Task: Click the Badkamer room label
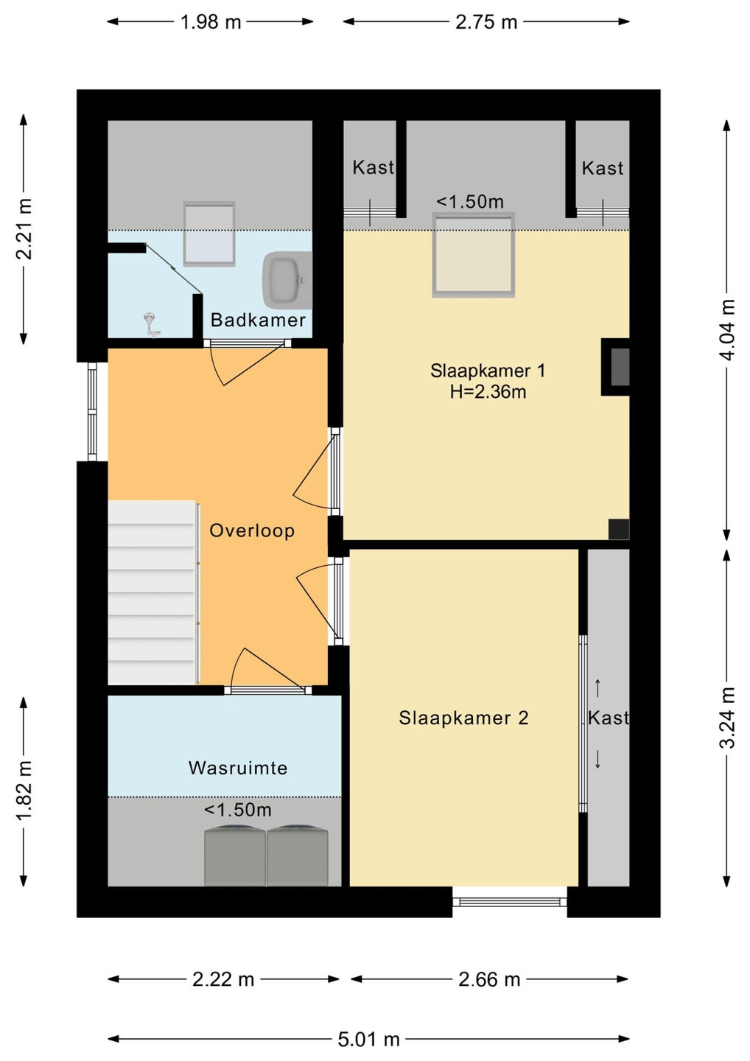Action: tap(258, 320)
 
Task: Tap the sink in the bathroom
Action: tap(287, 279)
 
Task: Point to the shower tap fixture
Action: tap(150, 325)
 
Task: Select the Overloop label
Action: tap(252, 530)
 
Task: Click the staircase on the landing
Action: tap(152, 592)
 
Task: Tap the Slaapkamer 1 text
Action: tap(488, 371)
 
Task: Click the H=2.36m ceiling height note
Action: tap(488, 392)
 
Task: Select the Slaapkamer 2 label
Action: tap(463, 718)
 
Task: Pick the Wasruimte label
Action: tap(238, 768)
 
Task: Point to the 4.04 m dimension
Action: tap(727, 329)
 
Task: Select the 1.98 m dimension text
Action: tap(211, 22)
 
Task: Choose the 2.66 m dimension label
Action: tap(489, 979)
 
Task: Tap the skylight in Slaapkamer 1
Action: tap(474, 255)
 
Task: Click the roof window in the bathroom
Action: tap(209, 234)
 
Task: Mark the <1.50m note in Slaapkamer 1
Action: tap(470, 202)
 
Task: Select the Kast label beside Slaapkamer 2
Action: tap(608, 718)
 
